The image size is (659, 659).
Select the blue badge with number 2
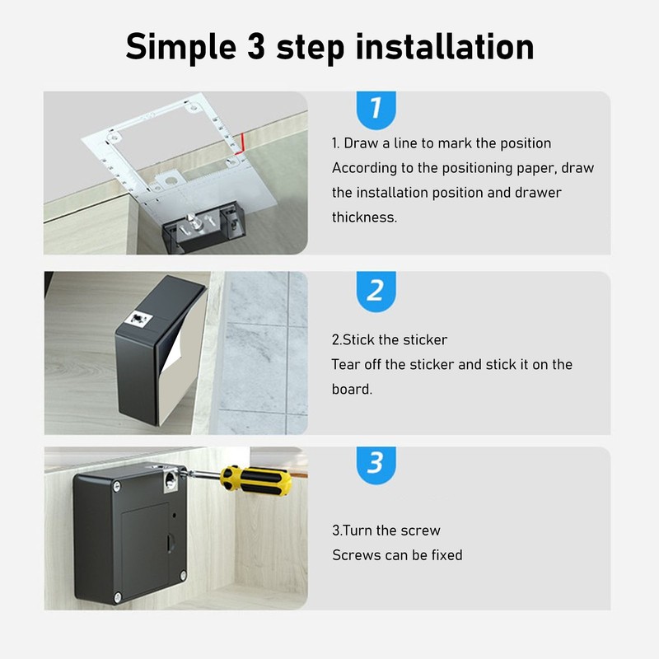pos(375,291)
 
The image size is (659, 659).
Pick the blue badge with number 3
pos(375,464)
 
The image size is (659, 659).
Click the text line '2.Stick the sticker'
pos(390,339)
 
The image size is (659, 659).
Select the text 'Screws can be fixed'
pos(397,555)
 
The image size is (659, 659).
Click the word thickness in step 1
pos(363,217)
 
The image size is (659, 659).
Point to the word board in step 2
pos(352,389)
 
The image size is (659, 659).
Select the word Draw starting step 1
pos(361,143)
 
